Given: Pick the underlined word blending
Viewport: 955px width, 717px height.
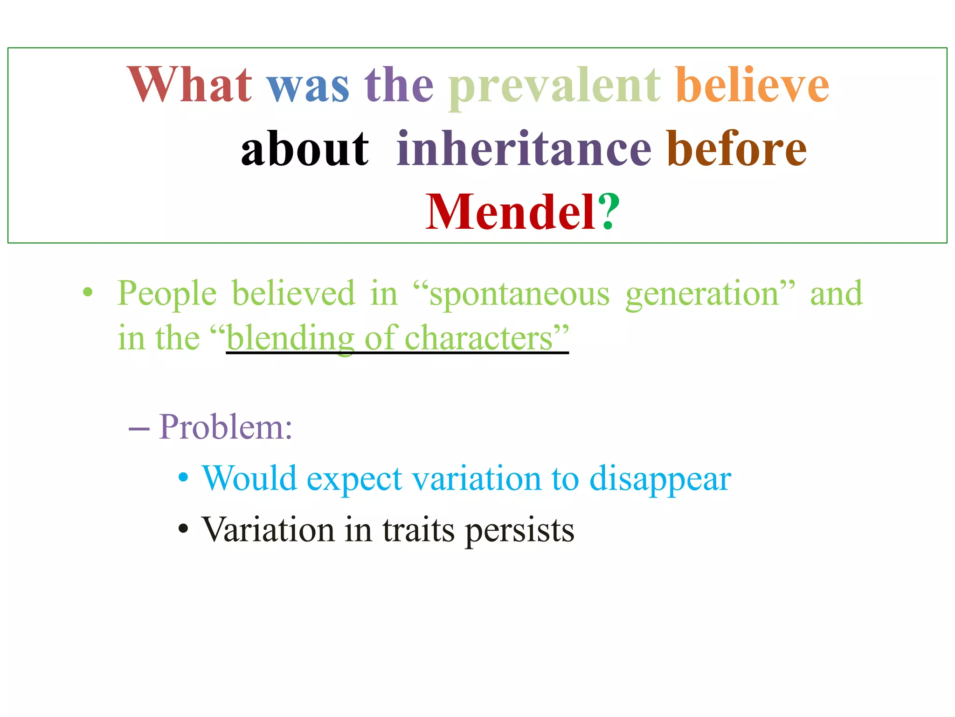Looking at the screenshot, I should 290,338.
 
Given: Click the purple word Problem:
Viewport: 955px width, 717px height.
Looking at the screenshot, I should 226,427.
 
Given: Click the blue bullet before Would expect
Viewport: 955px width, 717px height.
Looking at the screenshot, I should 184,478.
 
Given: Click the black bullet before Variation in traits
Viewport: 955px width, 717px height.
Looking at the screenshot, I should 184,529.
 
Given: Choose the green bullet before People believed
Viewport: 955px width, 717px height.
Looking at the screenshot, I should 88,293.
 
